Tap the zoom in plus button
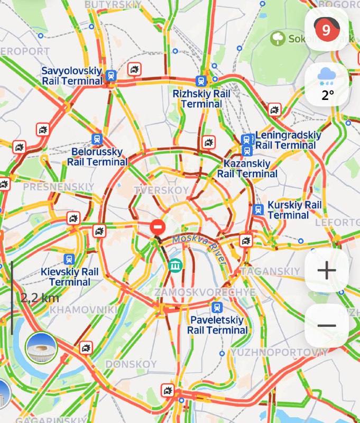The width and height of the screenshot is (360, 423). tap(327, 271)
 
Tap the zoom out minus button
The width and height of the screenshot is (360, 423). tap(327, 326)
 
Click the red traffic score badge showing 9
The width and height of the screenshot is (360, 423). tap(326, 30)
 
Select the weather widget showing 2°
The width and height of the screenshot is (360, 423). tap(327, 85)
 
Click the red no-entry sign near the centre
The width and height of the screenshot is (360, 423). tap(158, 227)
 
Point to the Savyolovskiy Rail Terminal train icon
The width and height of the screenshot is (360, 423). tap(111, 76)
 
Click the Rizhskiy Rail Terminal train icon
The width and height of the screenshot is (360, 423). tap(201, 81)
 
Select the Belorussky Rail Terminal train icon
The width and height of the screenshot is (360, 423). tap(97, 139)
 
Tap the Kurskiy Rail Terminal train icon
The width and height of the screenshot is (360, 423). tap(259, 209)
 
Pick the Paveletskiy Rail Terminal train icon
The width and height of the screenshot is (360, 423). tap(216, 308)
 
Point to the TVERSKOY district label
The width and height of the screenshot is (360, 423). tap(161, 190)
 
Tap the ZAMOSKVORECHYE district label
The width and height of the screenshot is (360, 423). tap(205, 292)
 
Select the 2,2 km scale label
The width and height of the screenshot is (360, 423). tap(40, 298)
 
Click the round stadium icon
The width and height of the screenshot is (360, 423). tap(41, 347)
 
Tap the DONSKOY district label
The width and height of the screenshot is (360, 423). tap(131, 364)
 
